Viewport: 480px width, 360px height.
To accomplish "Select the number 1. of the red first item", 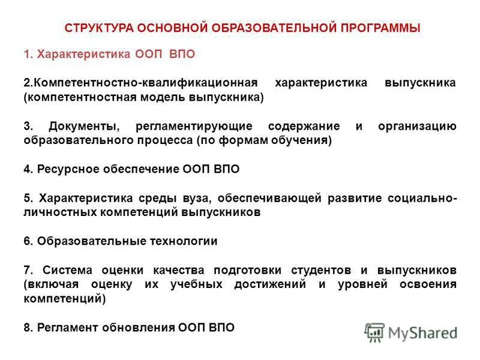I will coord(29,55).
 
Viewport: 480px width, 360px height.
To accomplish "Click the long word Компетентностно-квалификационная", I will coord(146,82).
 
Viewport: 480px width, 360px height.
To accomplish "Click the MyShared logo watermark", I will coord(411,332).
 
